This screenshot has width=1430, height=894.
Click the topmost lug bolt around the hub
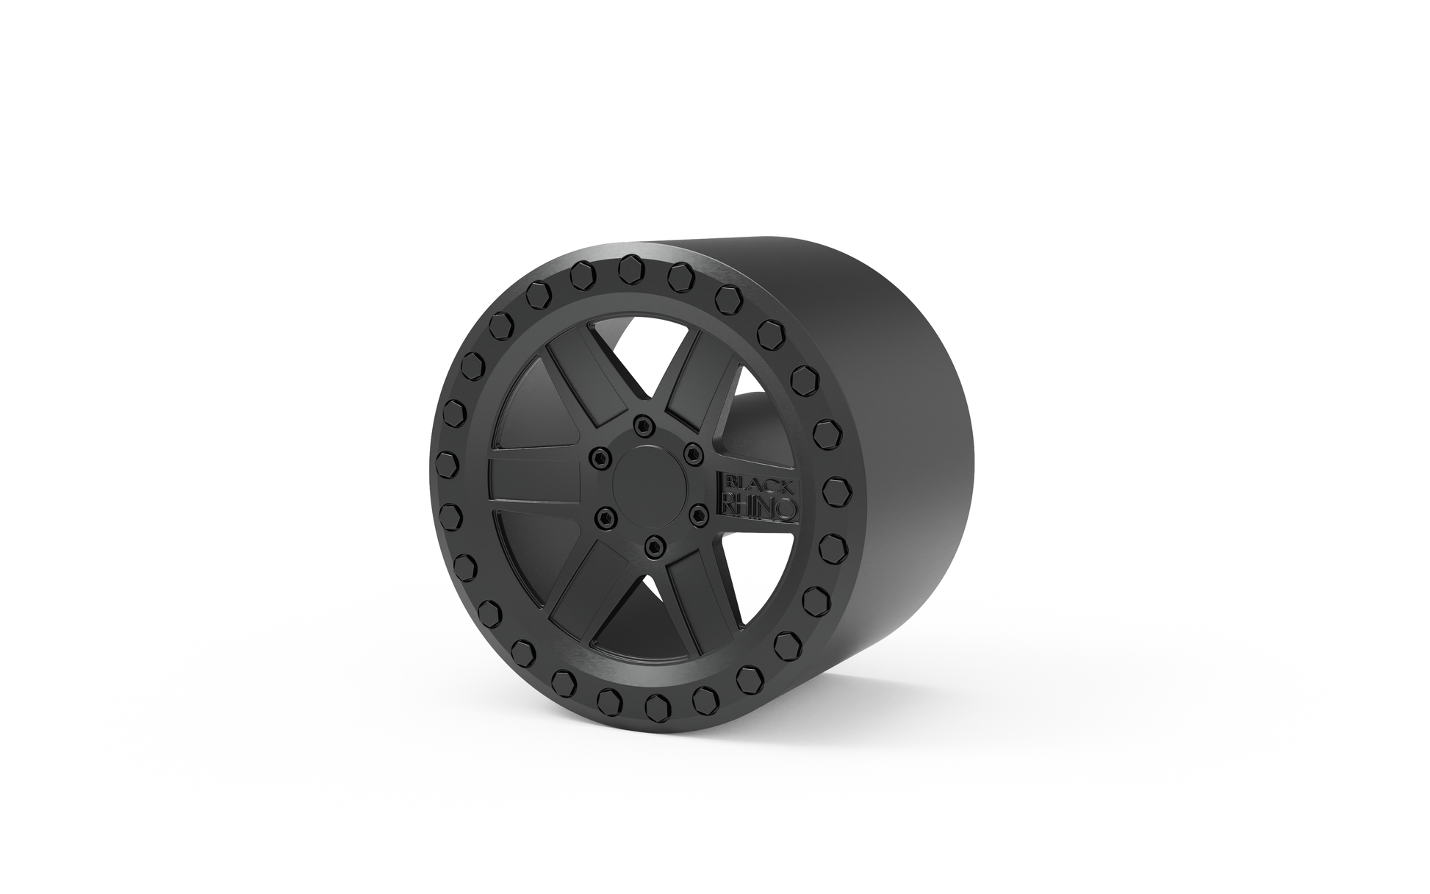644,423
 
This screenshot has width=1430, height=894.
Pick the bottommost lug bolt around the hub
652,545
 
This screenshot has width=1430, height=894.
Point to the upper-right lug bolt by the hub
691,455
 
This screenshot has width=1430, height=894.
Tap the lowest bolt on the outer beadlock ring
655,707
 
